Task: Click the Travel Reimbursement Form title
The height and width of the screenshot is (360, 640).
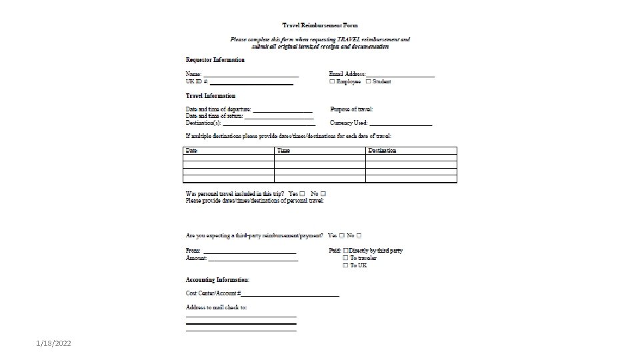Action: pos(319,25)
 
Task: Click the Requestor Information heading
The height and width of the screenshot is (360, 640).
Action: pos(215,60)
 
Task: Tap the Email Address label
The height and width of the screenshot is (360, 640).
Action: pos(347,73)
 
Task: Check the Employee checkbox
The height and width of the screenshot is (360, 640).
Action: pos(332,81)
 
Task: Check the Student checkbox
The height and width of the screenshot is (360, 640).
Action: pos(368,81)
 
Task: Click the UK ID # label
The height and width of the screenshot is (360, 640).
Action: pos(197,81)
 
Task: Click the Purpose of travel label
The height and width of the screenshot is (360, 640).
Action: pos(351,109)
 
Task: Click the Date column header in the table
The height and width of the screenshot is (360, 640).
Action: pos(192,151)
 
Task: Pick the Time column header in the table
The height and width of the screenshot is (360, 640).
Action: pos(283,151)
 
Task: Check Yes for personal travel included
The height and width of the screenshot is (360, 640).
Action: pos(303,194)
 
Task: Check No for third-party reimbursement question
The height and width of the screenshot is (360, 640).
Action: pos(359,235)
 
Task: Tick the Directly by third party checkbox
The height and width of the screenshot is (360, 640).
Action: pos(346,251)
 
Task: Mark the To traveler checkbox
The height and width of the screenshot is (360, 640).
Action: pos(345,258)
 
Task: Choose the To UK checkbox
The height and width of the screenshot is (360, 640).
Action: pos(345,265)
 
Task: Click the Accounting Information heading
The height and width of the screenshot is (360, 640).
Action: pos(217,280)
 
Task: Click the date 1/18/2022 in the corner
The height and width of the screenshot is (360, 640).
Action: pos(55,343)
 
